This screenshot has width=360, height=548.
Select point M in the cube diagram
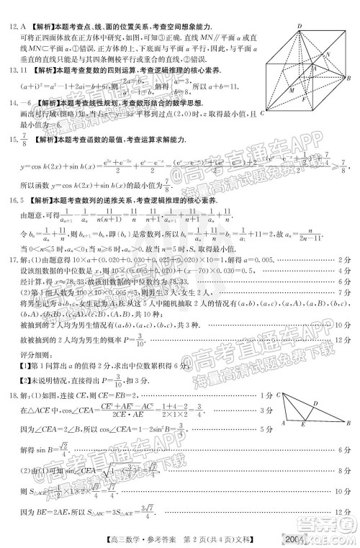tap(292, 90)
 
